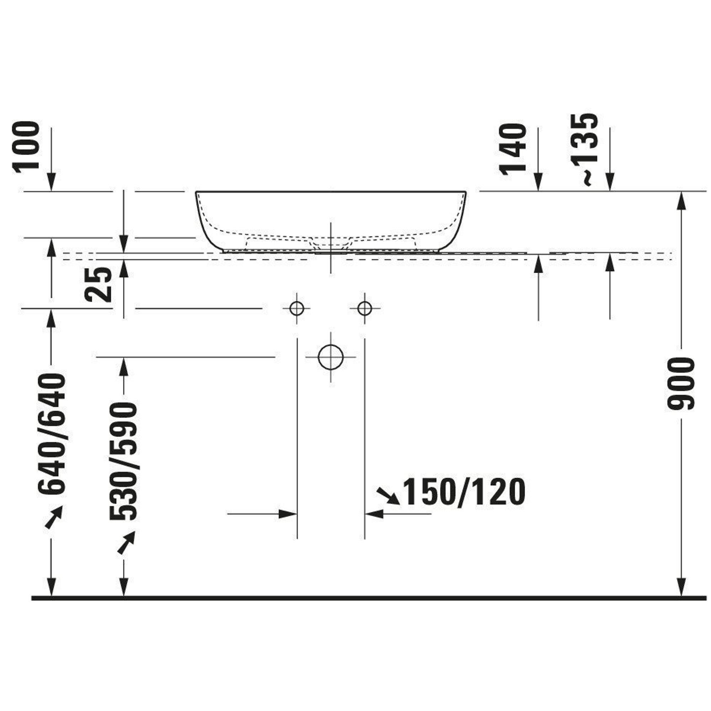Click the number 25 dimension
point(98,284)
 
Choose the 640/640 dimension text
point(52,434)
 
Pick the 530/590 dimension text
point(123,461)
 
